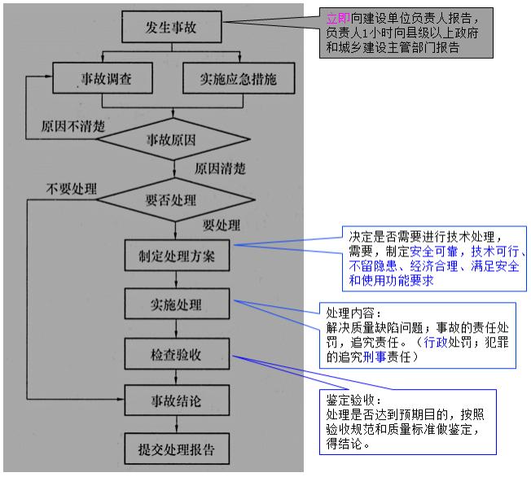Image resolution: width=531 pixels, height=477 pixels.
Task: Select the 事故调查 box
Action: (x=103, y=79)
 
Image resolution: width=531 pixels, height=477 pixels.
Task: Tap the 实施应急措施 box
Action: (x=237, y=79)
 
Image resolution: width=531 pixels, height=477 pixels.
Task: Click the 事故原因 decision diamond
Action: (x=172, y=140)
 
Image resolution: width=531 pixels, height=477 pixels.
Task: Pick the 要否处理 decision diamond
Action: (x=172, y=199)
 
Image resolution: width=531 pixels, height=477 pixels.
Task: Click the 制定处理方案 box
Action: (x=177, y=256)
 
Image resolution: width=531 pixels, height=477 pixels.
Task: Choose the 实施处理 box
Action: (x=177, y=305)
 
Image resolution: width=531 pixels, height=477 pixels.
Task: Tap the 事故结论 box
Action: (x=177, y=400)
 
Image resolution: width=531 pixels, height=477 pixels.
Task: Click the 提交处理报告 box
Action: (x=177, y=449)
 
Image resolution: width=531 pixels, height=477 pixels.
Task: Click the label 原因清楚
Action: (x=220, y=168)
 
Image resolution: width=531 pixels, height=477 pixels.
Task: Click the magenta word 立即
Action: (x=337, y=17)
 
